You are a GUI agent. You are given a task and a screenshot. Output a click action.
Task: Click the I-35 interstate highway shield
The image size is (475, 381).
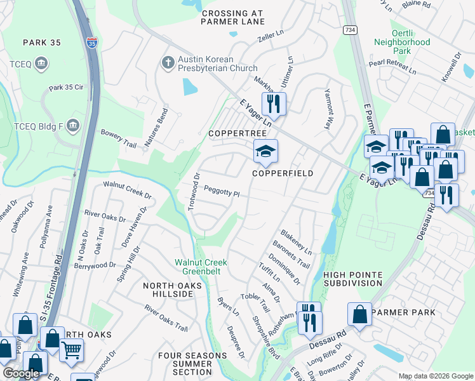tap(92, 43)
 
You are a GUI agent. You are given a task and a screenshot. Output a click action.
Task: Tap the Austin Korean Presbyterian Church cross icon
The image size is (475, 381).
tap(168, 62)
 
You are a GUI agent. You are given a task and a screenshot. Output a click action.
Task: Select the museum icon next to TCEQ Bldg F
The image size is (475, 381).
tap(74, 123)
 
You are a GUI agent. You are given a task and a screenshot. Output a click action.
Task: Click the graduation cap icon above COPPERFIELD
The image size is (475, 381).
tap(265, 151)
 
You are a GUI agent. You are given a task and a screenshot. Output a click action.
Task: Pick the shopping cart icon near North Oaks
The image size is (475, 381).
tap(72, 349)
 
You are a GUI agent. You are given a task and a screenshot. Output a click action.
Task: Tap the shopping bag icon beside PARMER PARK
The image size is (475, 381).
tap(359, 314)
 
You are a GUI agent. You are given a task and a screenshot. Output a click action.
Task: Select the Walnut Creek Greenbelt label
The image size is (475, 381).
tap(201, 267)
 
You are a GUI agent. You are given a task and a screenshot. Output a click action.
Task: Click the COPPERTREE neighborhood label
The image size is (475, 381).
tap(232, 134)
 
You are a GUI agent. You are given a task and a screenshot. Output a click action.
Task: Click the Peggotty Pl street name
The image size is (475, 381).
tap(222, 190)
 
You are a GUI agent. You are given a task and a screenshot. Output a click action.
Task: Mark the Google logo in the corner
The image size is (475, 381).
tap(21, 373)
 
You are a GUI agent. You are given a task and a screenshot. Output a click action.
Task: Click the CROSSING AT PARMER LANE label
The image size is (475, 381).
tap(232, 17)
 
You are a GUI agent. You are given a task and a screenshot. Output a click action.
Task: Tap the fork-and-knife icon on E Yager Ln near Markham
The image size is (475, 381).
tap(274, 104)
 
